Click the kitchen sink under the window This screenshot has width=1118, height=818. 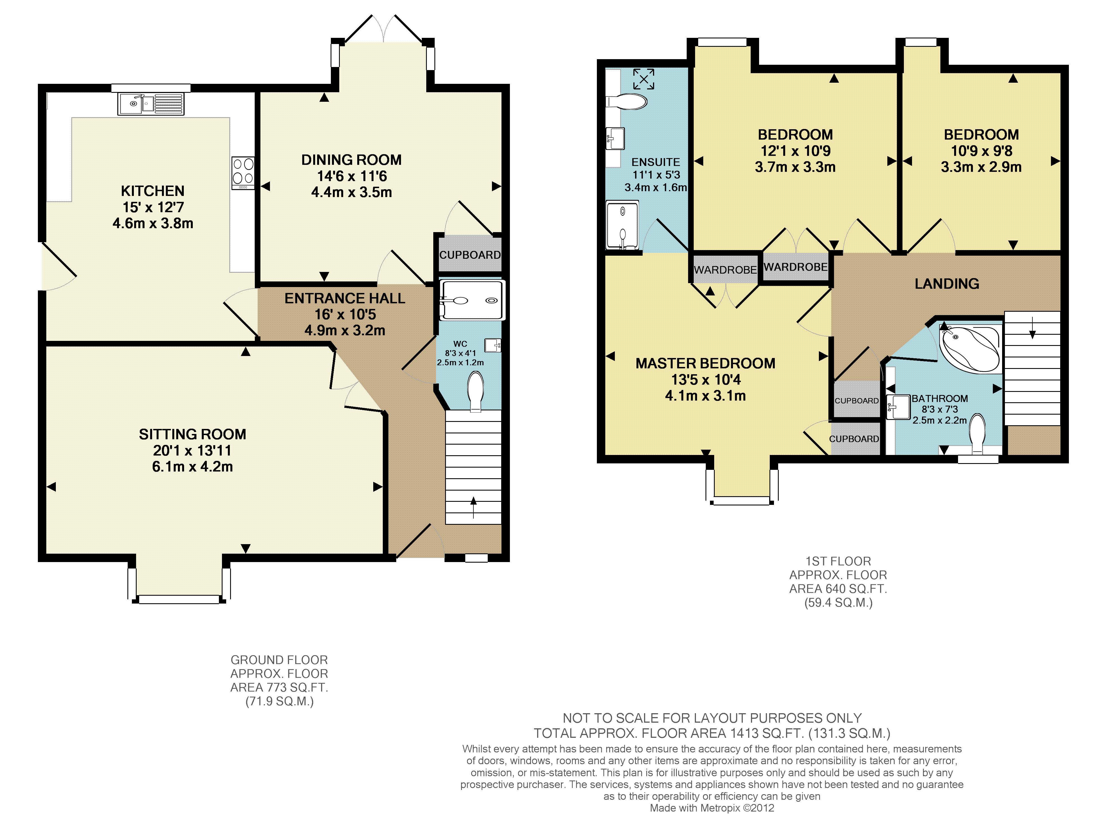click(x=151, y=104)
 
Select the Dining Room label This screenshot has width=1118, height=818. click(x=351, y=160)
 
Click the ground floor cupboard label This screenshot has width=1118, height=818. click(x=470, y=255)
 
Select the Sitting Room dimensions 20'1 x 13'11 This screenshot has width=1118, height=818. click(x=192, y=450)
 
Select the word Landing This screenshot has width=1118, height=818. click(x=947, y=284)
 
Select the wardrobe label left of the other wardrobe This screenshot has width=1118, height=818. click(x=725, y=270)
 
